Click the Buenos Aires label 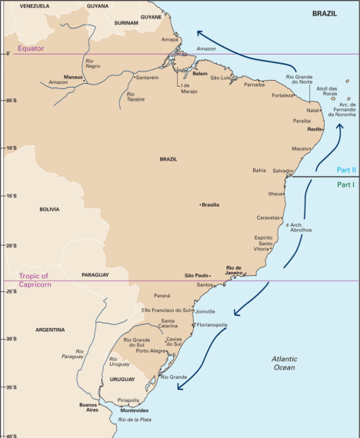pyautogui.click(x=91, y=407)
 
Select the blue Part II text pyautogui.click(x=345, y=170)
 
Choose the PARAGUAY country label pyautogui.click(x=95, y=274)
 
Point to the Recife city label pyautogui.click(x=312, y=130)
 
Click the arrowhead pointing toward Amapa pyautogui.click(x=199, y=32)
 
